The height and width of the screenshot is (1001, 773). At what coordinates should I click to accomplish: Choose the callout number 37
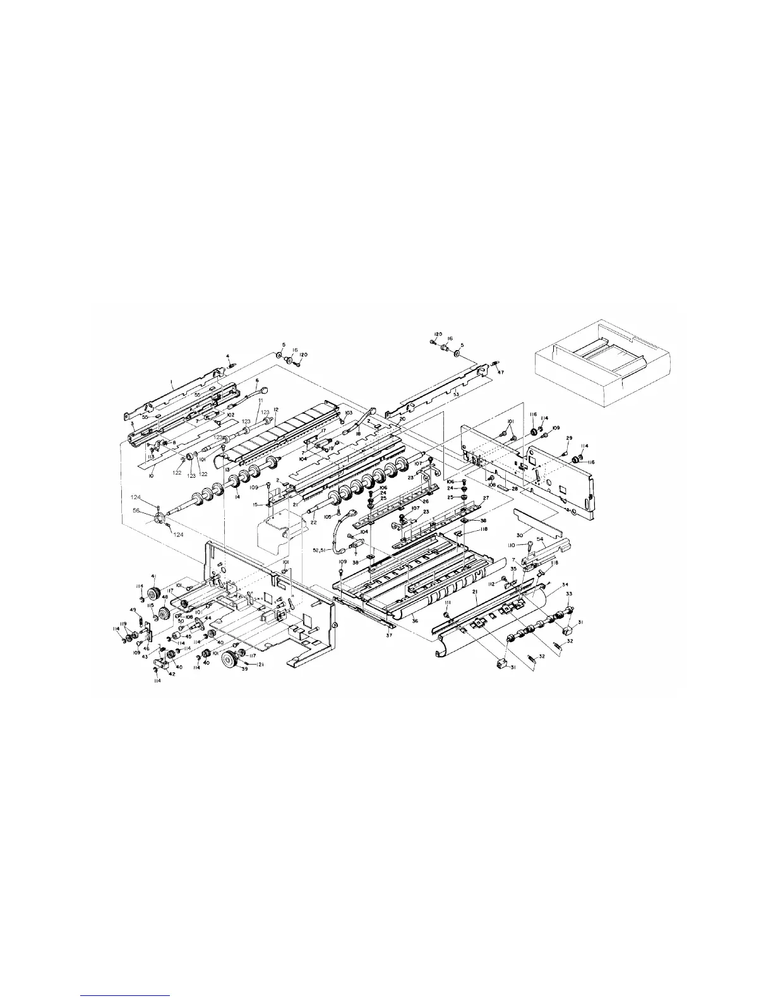pyautogui.click(x=390, y=636)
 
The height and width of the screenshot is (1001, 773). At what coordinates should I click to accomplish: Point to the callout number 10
pyautogui.click(x=151, y=475)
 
